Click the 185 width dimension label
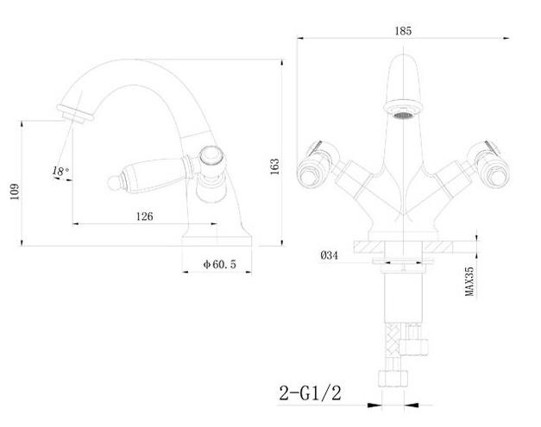403,31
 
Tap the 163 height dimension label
274,166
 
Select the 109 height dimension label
15,192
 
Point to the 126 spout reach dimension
144,217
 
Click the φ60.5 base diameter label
220,264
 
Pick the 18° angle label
60,171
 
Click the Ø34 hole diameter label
330,255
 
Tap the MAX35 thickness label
469,281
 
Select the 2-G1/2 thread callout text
310,392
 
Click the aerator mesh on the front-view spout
403,116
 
